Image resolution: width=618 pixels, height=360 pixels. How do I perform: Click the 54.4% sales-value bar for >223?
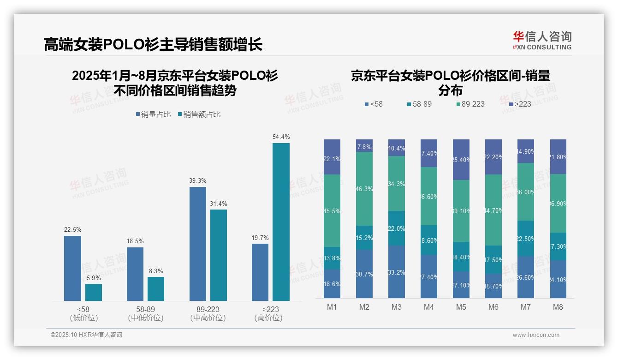click(x=281, y=222)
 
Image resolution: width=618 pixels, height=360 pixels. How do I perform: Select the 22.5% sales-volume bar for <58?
click(x=72, y=268)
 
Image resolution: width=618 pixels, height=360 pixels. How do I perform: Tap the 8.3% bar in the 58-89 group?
click(x=156, y=289)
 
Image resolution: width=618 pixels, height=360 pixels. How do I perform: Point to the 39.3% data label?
click(x=197, y=181)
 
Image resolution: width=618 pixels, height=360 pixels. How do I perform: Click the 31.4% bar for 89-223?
click(x=219, y=255)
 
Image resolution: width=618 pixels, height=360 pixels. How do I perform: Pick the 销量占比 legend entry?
click(x=153, y=114)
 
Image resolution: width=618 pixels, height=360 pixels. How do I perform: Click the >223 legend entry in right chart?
click(x=519, y=104)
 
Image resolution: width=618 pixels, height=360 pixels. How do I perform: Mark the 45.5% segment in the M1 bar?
click(x=332, y=210)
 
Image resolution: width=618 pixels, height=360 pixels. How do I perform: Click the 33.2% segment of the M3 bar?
click(x=397, y=272)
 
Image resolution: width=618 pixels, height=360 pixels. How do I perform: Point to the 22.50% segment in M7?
click(x=526, y=238)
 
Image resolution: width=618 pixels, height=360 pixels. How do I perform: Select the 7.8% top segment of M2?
click(x=364, y=145)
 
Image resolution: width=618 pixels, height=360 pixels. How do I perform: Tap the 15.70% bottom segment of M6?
click(x=493, y=286)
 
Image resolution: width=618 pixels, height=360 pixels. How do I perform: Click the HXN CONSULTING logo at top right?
click(x=542, y=41)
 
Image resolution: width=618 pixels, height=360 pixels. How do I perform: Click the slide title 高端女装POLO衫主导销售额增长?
click(x=153, y=44)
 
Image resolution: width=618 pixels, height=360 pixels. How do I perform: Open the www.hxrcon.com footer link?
click(x=536, y=335)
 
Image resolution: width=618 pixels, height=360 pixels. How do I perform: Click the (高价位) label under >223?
click(x=268, y=318)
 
